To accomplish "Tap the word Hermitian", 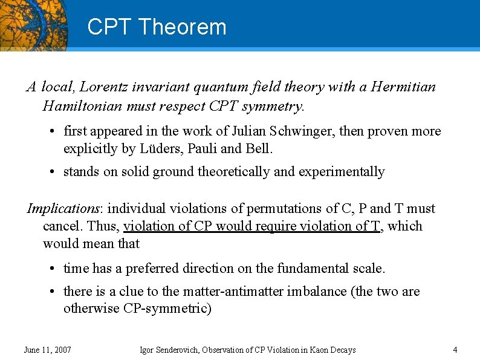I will [x=403, y=87].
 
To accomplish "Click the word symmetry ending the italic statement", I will [x=276, y=106].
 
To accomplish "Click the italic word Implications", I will [x=63, y=209].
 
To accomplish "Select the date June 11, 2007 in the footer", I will [x=47, y=350].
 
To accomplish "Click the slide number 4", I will [x=455, y=350].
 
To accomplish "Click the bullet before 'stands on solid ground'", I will [x=53, y=172].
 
